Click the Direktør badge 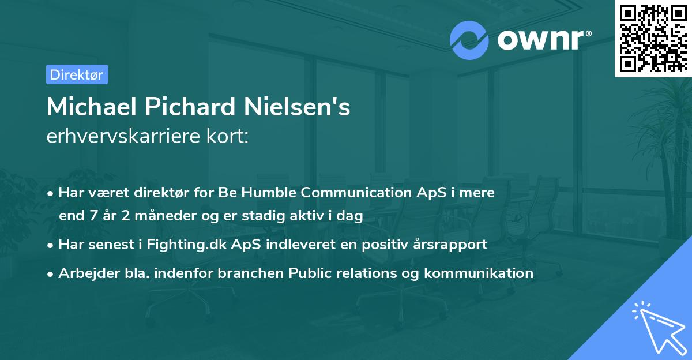77,74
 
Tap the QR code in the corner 652,37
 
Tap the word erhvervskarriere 126,137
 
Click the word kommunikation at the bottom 478,273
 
